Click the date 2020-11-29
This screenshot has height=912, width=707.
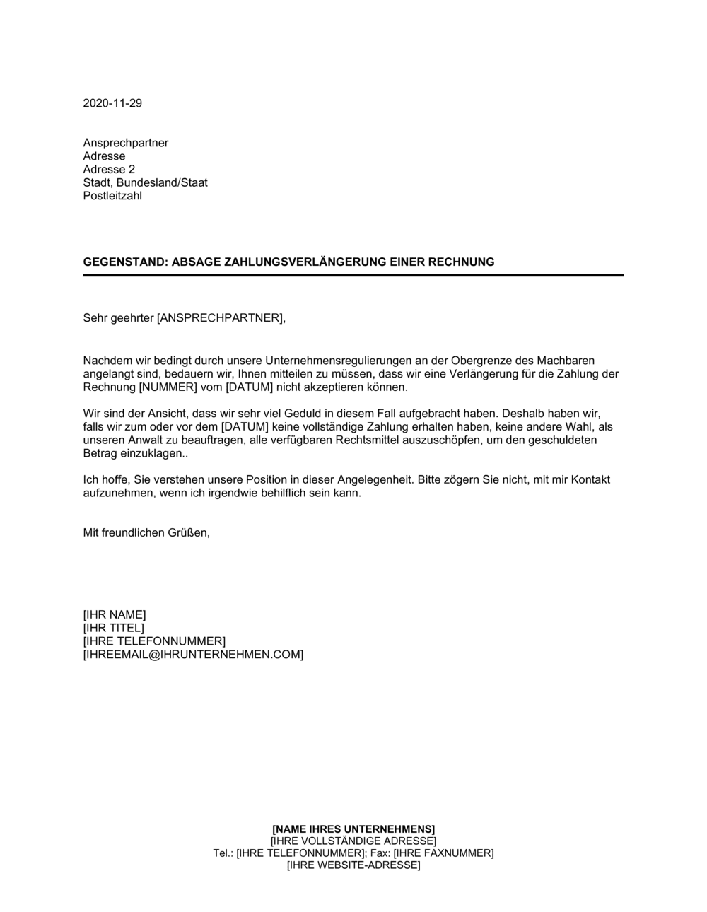112,103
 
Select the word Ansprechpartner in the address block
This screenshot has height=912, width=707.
126,143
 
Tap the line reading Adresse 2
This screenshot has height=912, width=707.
109,170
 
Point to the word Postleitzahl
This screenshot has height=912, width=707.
112,196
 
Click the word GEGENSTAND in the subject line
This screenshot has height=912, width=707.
124,262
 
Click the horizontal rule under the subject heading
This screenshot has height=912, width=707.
353,275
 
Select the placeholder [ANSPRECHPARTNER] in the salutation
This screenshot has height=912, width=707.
220,318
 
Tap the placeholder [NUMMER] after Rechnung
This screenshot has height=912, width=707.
167,387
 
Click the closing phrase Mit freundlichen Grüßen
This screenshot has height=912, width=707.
146,533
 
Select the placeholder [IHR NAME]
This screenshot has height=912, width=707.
115,614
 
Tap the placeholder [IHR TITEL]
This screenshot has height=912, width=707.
113,628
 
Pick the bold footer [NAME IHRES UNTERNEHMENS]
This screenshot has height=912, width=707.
353,829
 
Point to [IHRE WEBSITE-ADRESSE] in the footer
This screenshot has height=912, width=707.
353,865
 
